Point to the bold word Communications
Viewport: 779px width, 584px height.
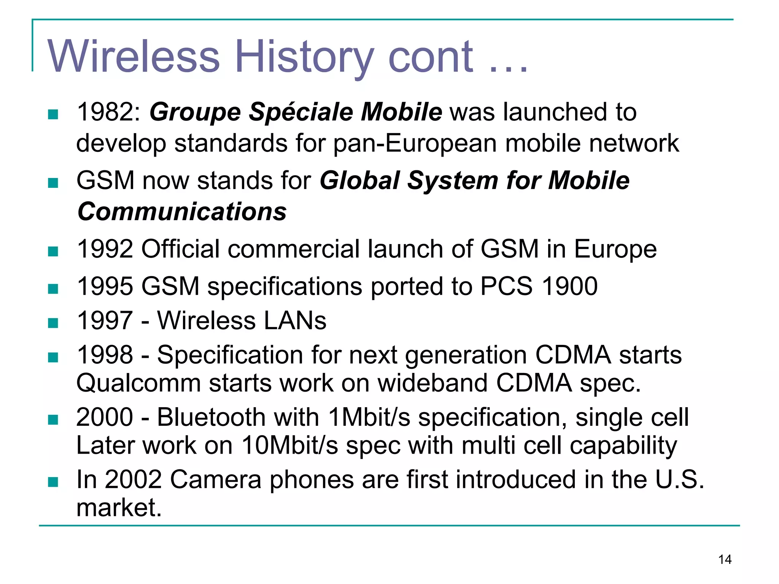coord(182,212)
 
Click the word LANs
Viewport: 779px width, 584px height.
coord(295,321)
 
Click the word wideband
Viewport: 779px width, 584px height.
coord(432,383)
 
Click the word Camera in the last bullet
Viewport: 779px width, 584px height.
coord(216,479)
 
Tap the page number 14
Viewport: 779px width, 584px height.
coord(725,560)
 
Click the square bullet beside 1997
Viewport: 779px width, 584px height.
coord(53,323)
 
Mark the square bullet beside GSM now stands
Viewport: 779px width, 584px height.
coord(53,183)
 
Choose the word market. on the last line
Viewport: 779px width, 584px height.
coord(119,508)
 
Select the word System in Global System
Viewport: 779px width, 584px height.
coord(452,181)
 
